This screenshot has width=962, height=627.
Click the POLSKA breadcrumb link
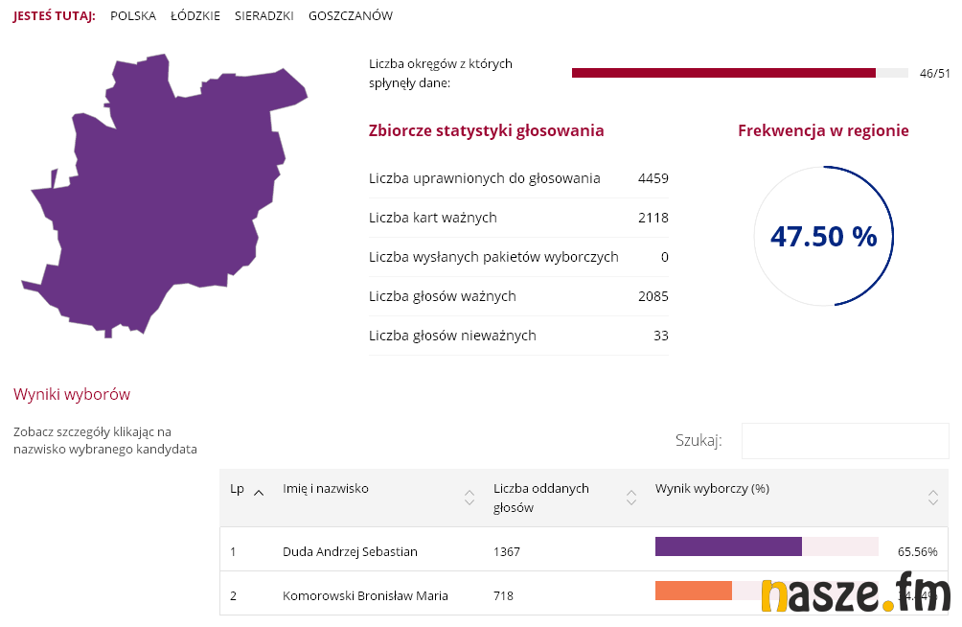coord(133,16)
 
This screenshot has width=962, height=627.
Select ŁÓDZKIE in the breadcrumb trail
coord(195,16)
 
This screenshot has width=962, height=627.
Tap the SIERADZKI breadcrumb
coord(264,16)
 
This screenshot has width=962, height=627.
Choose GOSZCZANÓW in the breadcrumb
coord(351,16)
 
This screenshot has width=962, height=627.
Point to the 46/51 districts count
coord(934,73)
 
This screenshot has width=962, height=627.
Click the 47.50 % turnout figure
coord(823,237)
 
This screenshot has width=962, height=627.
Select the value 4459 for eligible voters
coord(653,178)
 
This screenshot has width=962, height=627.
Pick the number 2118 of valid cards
coord(653,218)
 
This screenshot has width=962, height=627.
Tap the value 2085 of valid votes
coord(653,296)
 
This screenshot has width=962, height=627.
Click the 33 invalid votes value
coord(660,336)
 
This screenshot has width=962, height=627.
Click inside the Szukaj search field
coord(844,441)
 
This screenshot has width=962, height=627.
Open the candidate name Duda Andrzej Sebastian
coord(350,551)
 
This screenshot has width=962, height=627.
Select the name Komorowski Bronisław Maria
coord(365,595)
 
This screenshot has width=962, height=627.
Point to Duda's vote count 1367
coord(507,551)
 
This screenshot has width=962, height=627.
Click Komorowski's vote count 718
coord(503,595)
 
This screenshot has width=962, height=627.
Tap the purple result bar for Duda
coord(728,546)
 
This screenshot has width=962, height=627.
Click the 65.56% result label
coord(917,551)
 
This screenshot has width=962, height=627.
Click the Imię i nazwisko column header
coord(326,489)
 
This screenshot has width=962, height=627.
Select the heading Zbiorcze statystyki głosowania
coord(486,130)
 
